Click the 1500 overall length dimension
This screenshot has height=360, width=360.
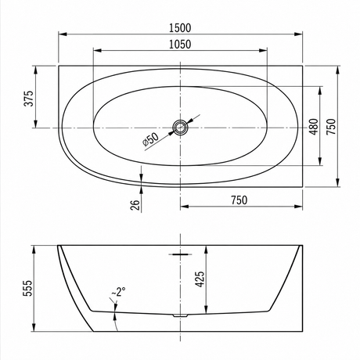tap(180, 28)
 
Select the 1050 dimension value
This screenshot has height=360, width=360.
tap(180, 45)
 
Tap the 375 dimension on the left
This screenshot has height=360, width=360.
tap(29, 98)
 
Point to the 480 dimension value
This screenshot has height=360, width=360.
tap(314, 127)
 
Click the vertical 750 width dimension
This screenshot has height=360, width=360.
tap(331, 127)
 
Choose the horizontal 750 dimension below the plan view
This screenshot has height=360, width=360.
tap(239, 200)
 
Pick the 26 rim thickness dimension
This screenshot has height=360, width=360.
tap(135, 206)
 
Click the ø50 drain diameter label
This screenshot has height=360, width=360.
tap(150, 139)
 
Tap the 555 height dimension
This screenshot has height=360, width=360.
tap(27, 288)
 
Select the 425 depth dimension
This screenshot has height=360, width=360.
tap(200, 279)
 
